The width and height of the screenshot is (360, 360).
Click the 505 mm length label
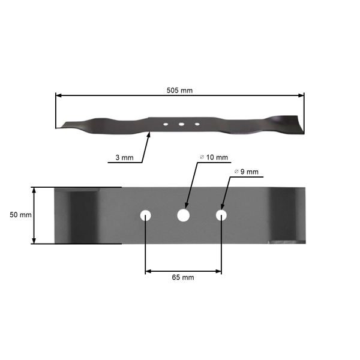click(x=180, y=90)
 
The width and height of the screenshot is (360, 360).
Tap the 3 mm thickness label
click(x=125, y=158)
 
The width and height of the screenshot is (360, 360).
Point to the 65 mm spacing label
click(x=182, y=278)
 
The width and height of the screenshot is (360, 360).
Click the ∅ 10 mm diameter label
click(x=214, y=157)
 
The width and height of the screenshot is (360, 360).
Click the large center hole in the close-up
click(x=183, y=215)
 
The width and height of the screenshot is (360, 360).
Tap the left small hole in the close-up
click(x=146, y=215)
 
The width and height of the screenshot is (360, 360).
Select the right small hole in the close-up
click(x=222, y=215)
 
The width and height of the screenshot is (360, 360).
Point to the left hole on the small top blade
click(x=165, y=124)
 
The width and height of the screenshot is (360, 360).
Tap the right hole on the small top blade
click(x=196, y=124)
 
